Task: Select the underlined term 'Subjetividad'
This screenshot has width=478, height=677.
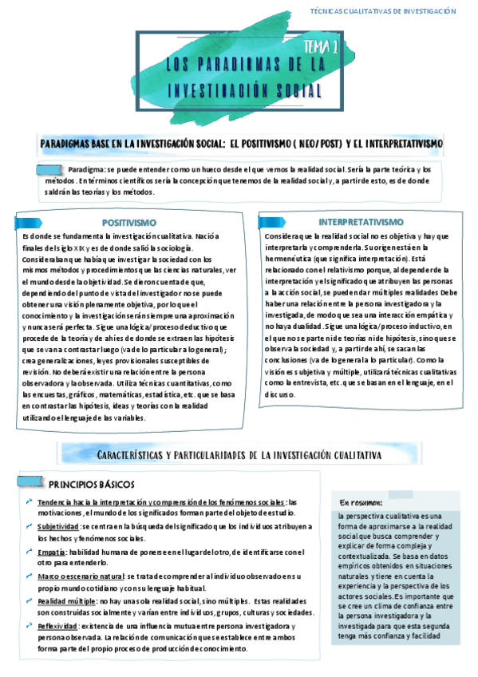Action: click(57, 527)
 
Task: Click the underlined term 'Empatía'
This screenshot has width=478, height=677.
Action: click(51, 552)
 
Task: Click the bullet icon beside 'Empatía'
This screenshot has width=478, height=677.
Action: click(29, 551)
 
